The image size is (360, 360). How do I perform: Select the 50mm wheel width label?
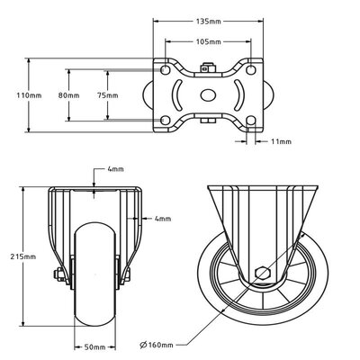tap(97, 346)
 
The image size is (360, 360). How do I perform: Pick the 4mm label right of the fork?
tap(161, 218)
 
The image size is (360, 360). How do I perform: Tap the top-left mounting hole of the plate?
tap(166, 68)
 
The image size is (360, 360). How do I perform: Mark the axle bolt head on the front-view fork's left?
tap(63, 277)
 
